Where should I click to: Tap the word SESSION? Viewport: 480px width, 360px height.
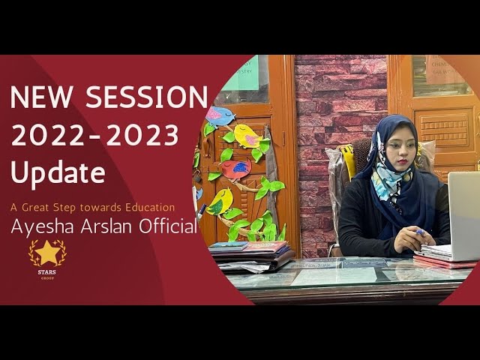(x=146, y=97)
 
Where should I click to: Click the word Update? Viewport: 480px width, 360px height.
(x=57, y=174)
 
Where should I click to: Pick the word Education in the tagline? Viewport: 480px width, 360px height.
(x=147, y=207)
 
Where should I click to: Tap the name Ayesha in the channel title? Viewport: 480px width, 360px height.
(x=44, y=226)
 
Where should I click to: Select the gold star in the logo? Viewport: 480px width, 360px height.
(x=47, y=253)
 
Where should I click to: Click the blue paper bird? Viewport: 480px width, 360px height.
(x=220, y=116)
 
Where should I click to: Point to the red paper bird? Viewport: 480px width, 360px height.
(x=235, y=169)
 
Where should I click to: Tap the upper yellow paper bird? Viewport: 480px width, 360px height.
(x=247, y=136)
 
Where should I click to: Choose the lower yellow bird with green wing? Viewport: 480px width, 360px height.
(x=220, y=201)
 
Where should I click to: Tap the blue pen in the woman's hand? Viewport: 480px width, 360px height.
(x=420, y=232)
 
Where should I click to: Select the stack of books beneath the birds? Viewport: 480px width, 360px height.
(x=251, y=255)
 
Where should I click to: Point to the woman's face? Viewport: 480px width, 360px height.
(x=397, y=150)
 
